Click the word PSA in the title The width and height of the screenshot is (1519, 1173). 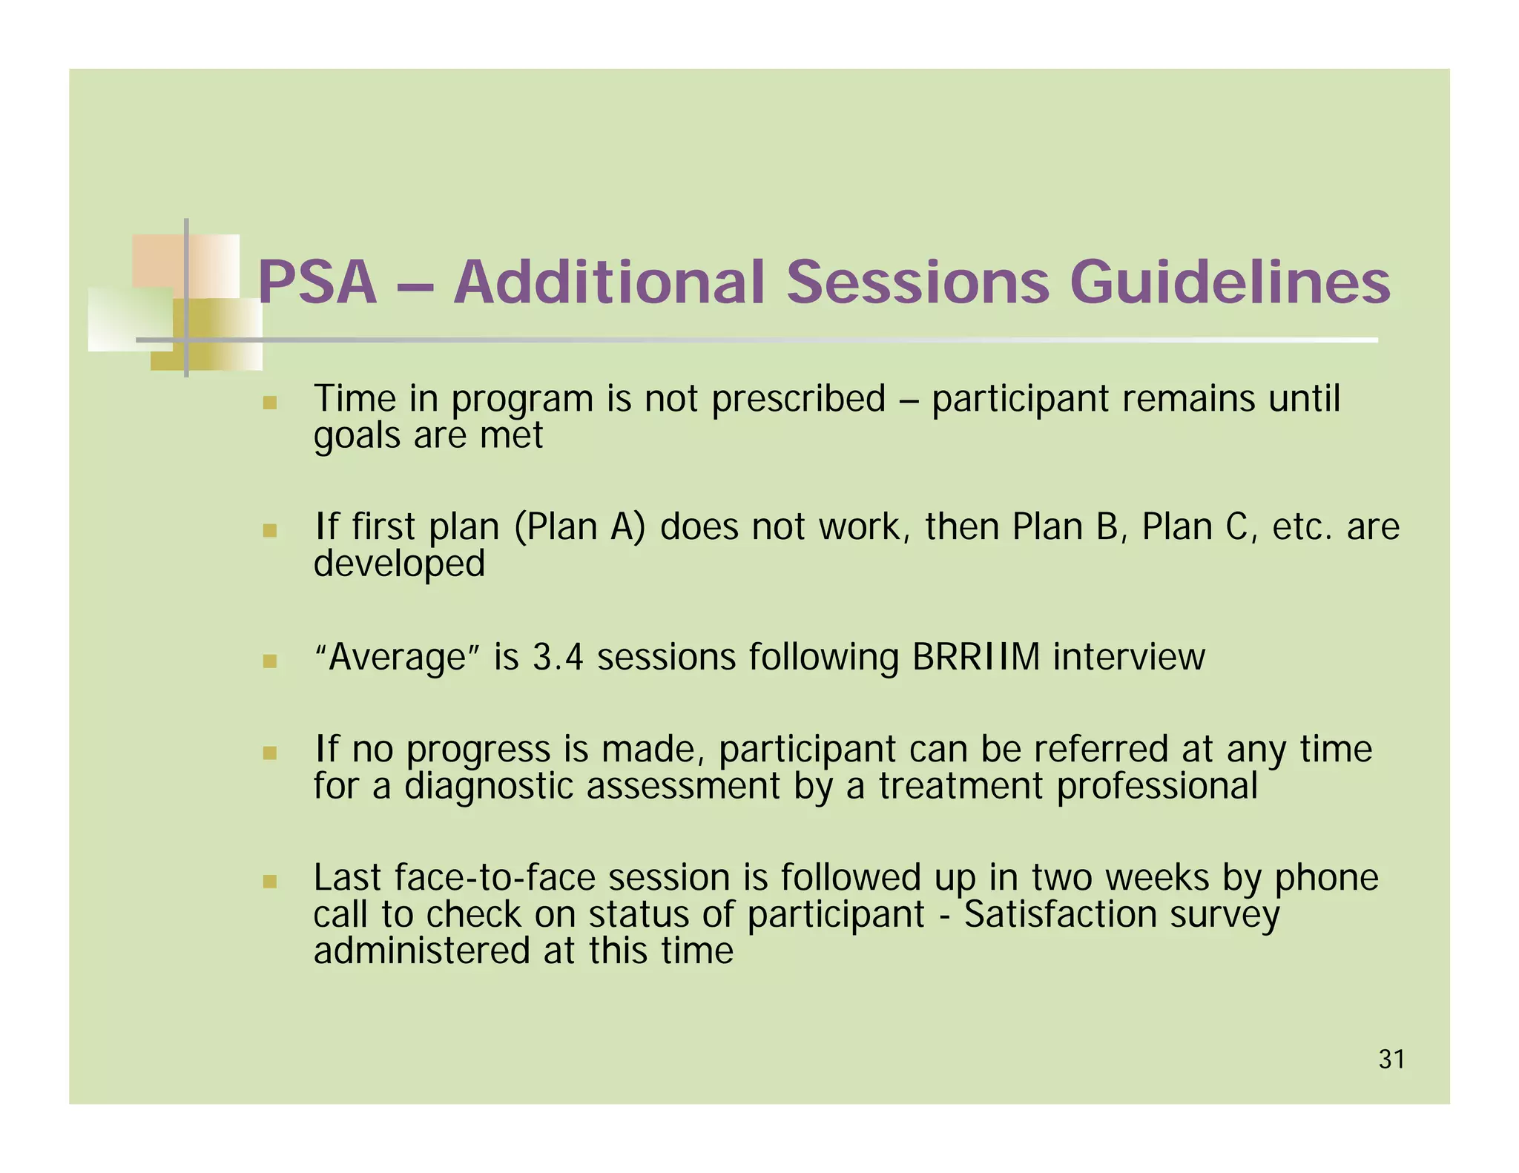(x=317, y=282)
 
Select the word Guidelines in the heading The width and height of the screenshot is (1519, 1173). (x=1230, y=282)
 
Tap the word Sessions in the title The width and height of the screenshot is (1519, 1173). (x=917, y=282)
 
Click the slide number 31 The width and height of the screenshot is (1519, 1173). (x=1391, y=1060)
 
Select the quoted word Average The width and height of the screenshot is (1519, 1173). (x=398, y=657)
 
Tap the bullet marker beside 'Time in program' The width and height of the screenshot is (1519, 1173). (x=270, y=403)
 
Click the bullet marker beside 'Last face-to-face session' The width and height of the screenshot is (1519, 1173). (x=270, y=882)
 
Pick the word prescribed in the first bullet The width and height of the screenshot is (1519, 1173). (x=798, y=400)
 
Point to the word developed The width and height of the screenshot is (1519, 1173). (x=399, y=564)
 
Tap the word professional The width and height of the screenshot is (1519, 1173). (x=1157, y=785)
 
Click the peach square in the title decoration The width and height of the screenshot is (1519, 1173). (x=159, y=260)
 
